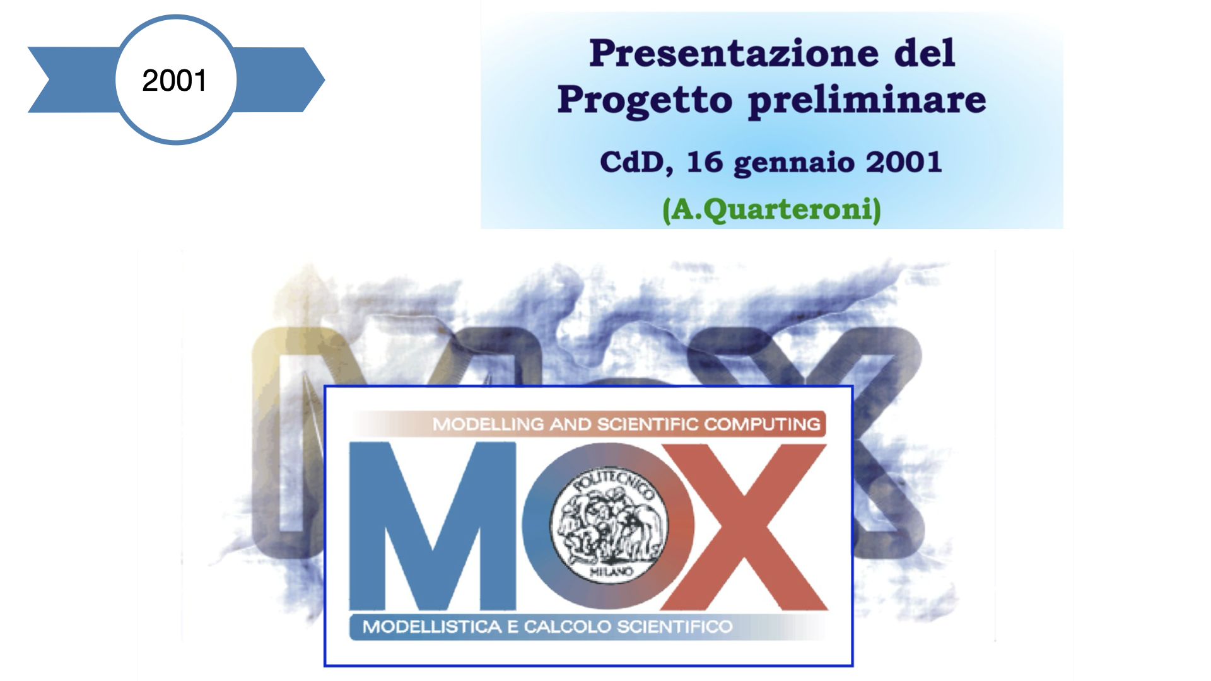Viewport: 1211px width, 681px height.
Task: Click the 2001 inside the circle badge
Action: [175, 81]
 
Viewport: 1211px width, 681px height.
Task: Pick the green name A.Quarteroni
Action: [771, 209]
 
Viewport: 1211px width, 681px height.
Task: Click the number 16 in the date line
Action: [705, 162]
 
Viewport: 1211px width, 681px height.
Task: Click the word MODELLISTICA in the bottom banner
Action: [432, 627]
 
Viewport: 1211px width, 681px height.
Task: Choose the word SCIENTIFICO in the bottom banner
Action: [674, 627]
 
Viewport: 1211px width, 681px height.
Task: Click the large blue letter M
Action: [433, 526]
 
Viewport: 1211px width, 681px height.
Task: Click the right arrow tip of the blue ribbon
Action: [324, 80]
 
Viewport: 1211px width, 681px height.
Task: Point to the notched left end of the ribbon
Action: [49, 80]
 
